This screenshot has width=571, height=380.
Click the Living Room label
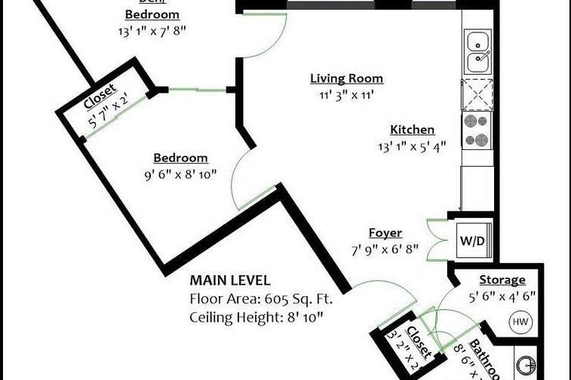[x=346, y=78]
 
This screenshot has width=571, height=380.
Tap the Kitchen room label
[x=412, y=130]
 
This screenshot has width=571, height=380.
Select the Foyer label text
[x=385, y=233]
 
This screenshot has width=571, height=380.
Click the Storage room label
[x=502, y=280]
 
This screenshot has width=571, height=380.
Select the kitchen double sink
[x=477, y=51]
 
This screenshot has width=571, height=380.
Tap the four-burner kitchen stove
[x=477, y=130]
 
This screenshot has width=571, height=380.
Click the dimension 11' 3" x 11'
[x=346, y=96]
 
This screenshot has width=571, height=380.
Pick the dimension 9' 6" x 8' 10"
[x=180, y=174]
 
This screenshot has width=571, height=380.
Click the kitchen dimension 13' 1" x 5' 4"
[x=412, y=147]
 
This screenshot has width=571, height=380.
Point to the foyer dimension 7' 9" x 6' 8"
[x=385, y=250]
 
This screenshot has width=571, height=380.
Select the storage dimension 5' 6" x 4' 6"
[x=502, y=296]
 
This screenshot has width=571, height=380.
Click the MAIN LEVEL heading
[x=229, y=280]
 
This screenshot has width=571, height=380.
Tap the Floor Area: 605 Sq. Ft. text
[x=261, y=299]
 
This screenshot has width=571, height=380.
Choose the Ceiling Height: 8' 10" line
[x=256, y=317]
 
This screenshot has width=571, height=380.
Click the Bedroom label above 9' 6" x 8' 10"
[x=180, y=158]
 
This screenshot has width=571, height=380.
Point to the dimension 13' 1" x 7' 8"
[x=152, y=31]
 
